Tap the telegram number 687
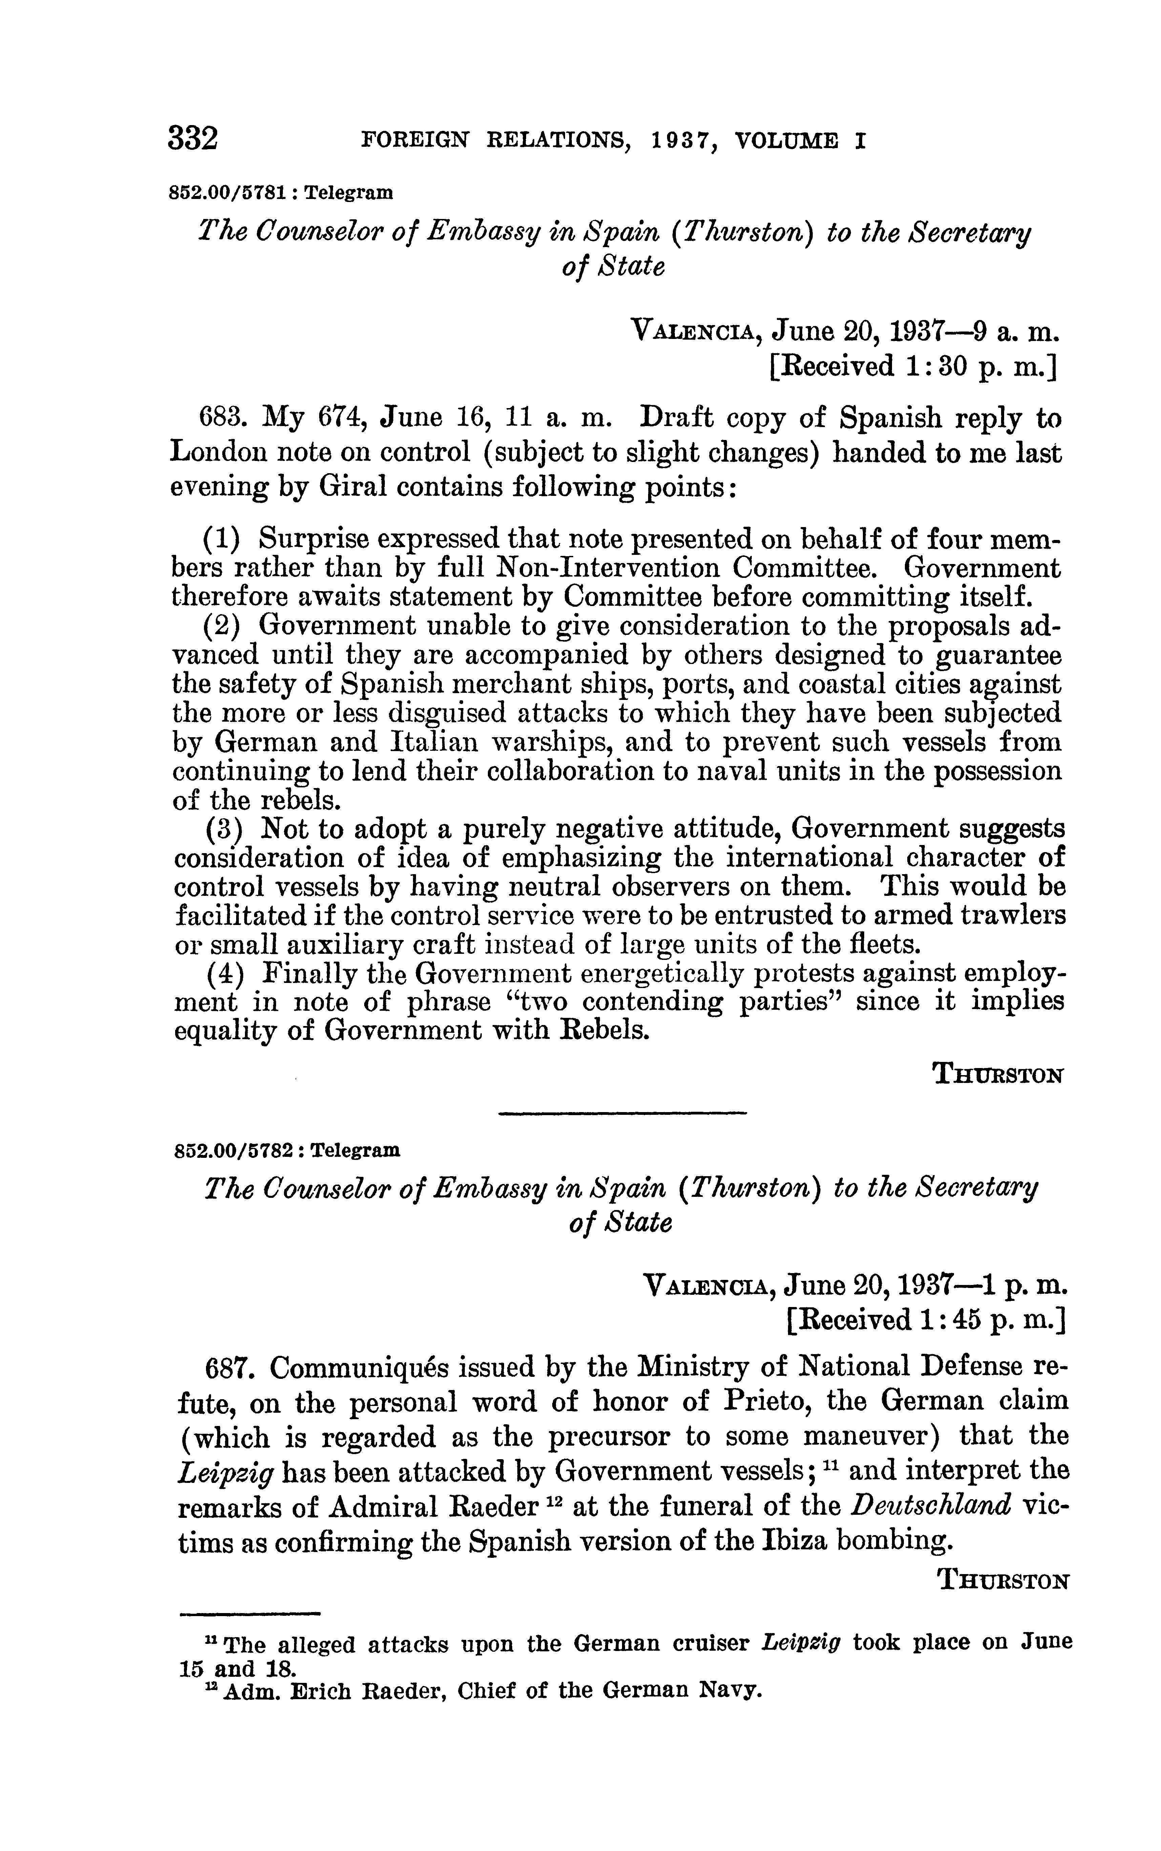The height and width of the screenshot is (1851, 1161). coord(230,1367)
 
